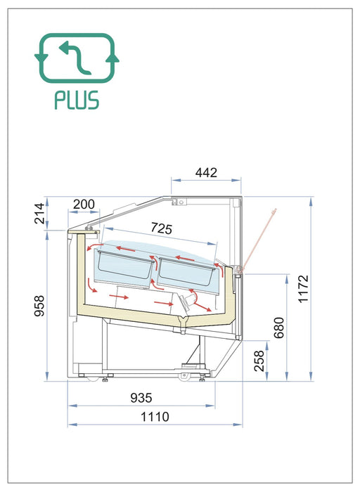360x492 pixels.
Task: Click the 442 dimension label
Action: (x=206, y=173)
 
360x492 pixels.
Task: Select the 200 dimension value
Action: (x=84, y=205)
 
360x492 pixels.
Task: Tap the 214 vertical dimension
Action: (x=40, y=214)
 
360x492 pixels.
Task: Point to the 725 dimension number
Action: (x=161, y=228)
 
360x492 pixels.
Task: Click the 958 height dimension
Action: (x=39, y=306)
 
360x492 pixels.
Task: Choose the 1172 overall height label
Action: (x=303, y=289)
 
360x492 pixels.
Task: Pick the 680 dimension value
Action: (x=278, y=328)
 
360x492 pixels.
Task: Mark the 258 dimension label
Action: (x=259, y=361)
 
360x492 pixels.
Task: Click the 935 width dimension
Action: (x=141, y=398)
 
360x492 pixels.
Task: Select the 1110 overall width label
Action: (x=155, y=417)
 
